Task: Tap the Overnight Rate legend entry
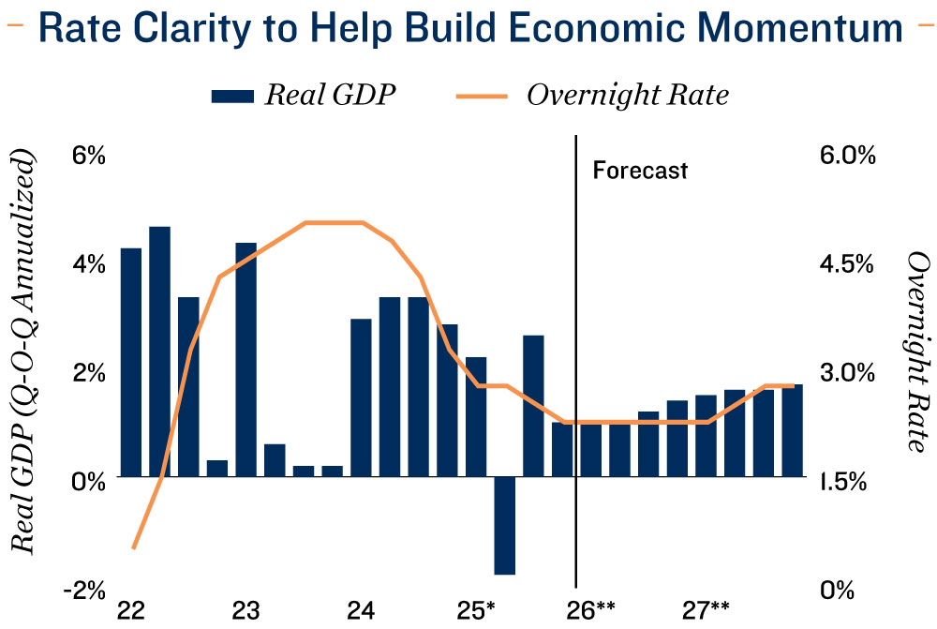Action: pos(593,95)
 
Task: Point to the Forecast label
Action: pos(640,171)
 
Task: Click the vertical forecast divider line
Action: pos(575,375)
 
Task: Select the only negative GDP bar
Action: pos(505,525)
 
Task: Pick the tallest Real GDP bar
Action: pos(159,352)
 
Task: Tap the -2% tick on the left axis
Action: pos(84,590)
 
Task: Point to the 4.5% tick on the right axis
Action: pos(848,264)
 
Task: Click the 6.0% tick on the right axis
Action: pos(848,156)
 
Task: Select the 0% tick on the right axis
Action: pos(836,590)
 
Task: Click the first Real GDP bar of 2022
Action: pos(130,362)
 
